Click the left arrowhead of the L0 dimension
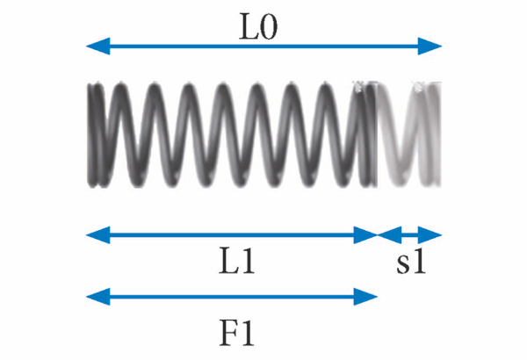[94, 46]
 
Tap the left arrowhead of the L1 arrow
[94, 234]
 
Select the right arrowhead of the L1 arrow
[369, 234]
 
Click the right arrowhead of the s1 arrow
[433, 234]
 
